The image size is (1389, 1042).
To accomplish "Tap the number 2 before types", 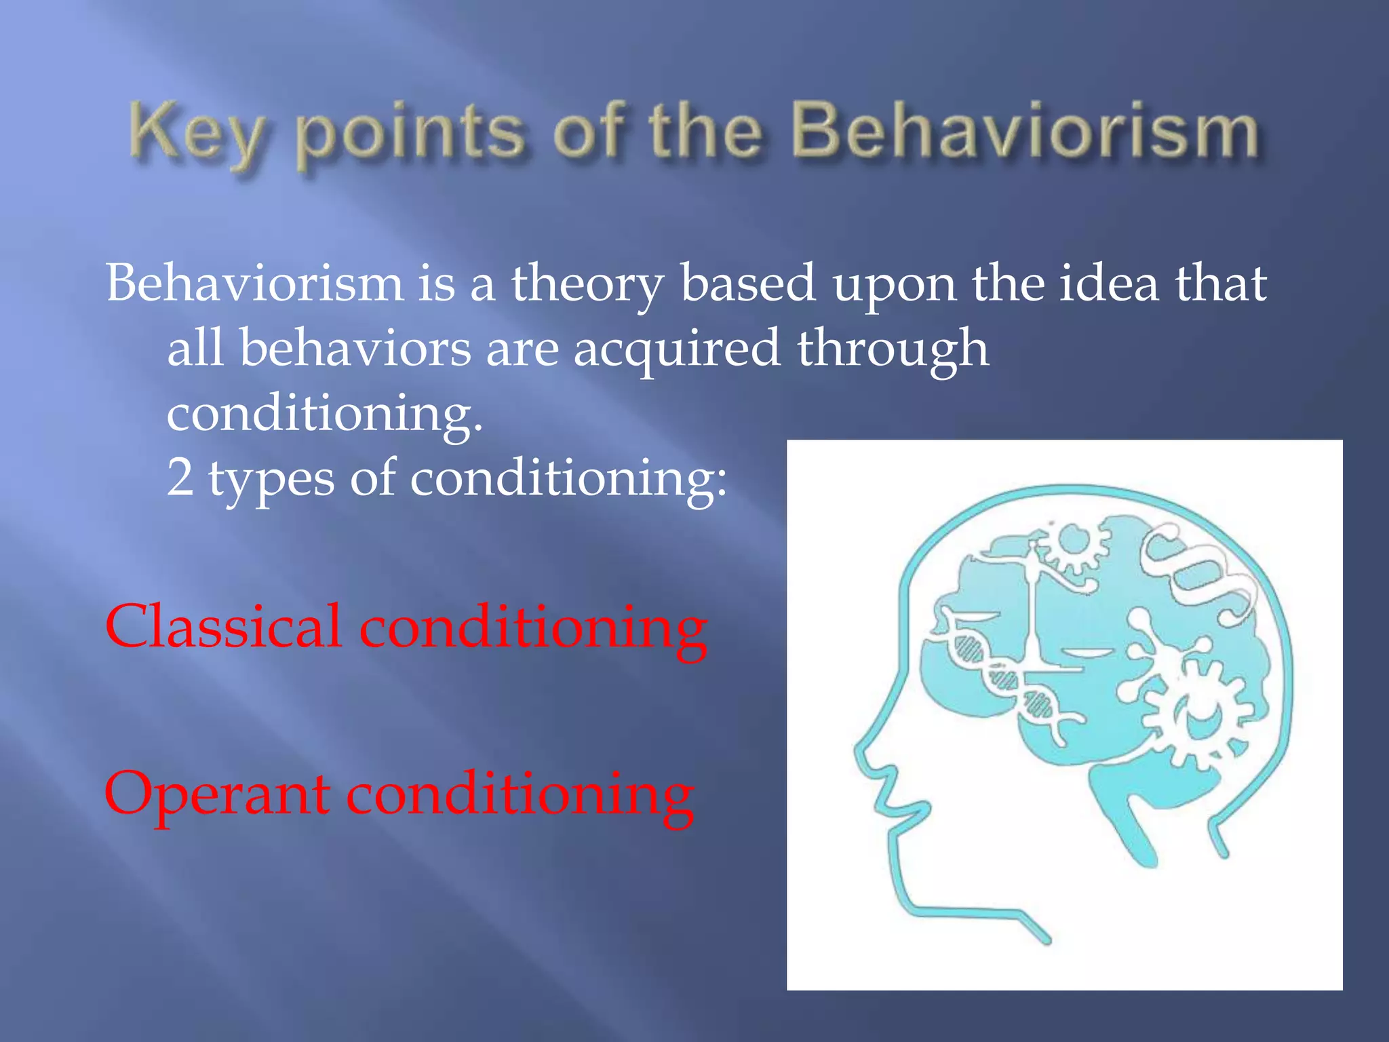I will [x=180, y=477].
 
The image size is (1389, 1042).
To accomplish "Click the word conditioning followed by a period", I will [x=324, y=412].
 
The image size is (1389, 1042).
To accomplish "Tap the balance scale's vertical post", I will [x=1032, y=611].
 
